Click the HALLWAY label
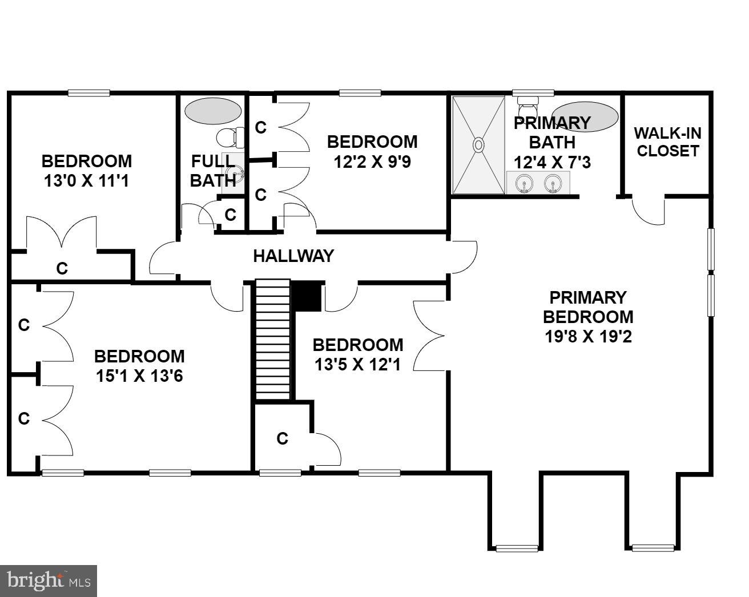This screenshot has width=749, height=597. pos(293,256)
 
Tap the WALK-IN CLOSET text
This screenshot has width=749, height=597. pos(667,142)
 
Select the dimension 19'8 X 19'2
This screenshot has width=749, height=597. pos(588,337)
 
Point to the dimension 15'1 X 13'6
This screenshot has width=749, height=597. pos(139,376)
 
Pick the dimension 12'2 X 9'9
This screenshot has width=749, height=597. pos(372,162)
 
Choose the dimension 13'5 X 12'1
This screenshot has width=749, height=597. pos(357,364)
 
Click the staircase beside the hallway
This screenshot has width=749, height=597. pos(272,339)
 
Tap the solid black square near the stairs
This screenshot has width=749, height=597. pos(307,296)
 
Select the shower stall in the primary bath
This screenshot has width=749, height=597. pos(478,145)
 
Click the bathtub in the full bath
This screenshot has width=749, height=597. pos(212,110)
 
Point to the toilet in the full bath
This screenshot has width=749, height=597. pos(230,137)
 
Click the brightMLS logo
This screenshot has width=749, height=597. pos(49,580)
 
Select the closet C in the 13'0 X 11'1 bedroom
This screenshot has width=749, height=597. pos(62,268)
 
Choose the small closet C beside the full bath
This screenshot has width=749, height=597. pos(231,215)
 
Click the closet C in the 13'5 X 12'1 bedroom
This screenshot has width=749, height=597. pos(282,438)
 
